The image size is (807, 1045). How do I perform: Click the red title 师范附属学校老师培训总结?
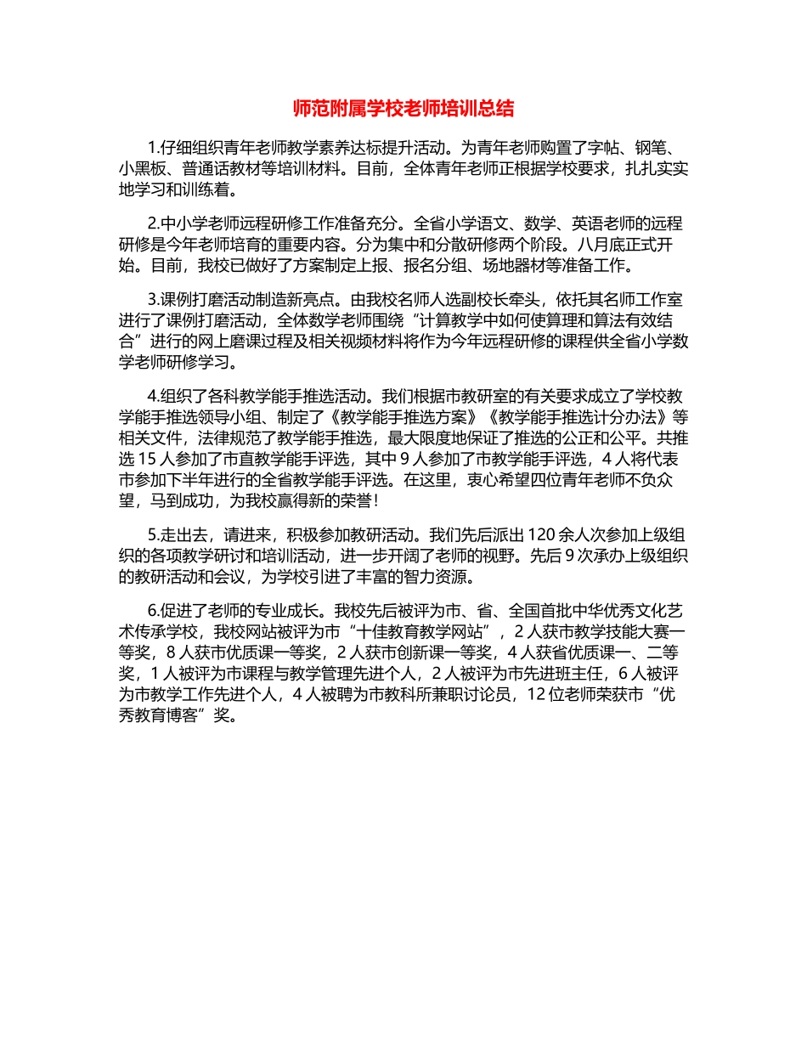pyautogui.click(x=403, y=109)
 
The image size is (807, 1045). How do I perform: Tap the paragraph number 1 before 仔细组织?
pyautogui.click(x=151, y=145)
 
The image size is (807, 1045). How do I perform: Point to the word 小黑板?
pyautogui.click(x=143, y=168)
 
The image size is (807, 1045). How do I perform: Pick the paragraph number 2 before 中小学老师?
pyautogui.click(x=151, y=224)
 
